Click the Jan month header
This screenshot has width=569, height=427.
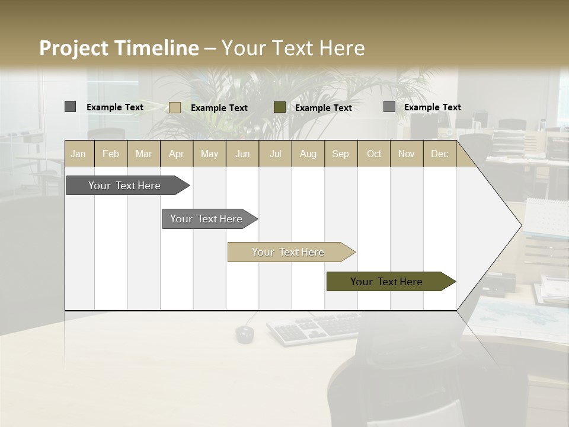(x=78, y=154)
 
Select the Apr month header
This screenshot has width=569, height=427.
(x=176, y=154)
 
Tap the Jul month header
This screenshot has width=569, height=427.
(x=275, y=154)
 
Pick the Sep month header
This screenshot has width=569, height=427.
(x=340, y=154)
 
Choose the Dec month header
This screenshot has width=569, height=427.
(x=439, y=154)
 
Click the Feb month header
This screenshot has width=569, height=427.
(x=111, y=154)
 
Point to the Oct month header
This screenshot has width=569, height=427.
(x=374, y=154)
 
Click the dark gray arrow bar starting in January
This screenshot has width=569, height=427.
(x=124, y=186)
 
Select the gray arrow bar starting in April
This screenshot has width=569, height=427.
(x=206, y=219)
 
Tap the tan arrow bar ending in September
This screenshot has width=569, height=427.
(x=288, y=252)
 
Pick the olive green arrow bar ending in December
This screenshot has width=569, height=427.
(x=386, y=282)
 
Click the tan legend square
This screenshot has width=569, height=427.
(x=175, y=107)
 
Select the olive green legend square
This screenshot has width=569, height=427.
(x=280, y=107)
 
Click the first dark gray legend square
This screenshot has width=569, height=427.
(x=71, y=107)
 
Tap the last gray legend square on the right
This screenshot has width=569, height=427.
(x=389, y=107)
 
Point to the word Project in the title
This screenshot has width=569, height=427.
(x=75, y=48)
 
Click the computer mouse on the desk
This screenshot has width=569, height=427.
(x=245, y=334)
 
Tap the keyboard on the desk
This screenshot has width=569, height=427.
(x=314, y=328)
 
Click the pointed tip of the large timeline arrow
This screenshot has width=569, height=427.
(x=520, y=225)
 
